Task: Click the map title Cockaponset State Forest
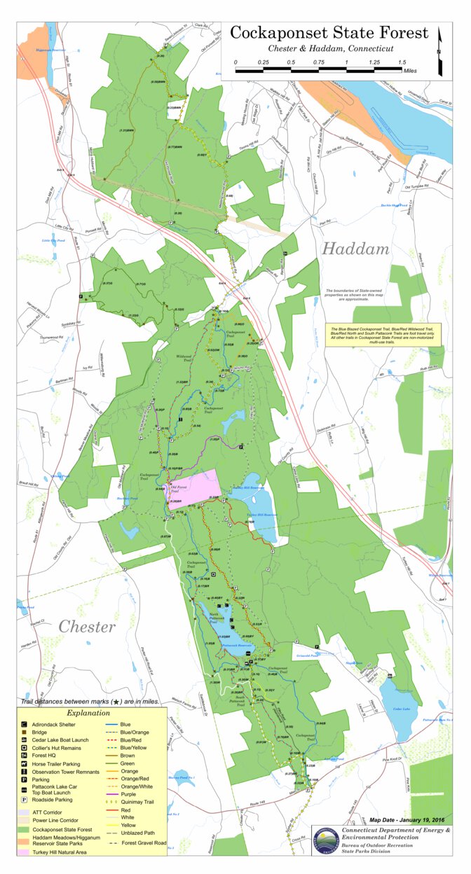click(329, 33)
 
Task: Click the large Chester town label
click(87, 626)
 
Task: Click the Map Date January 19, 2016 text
click(408, 819)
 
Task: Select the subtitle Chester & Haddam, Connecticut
click(330, 49)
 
